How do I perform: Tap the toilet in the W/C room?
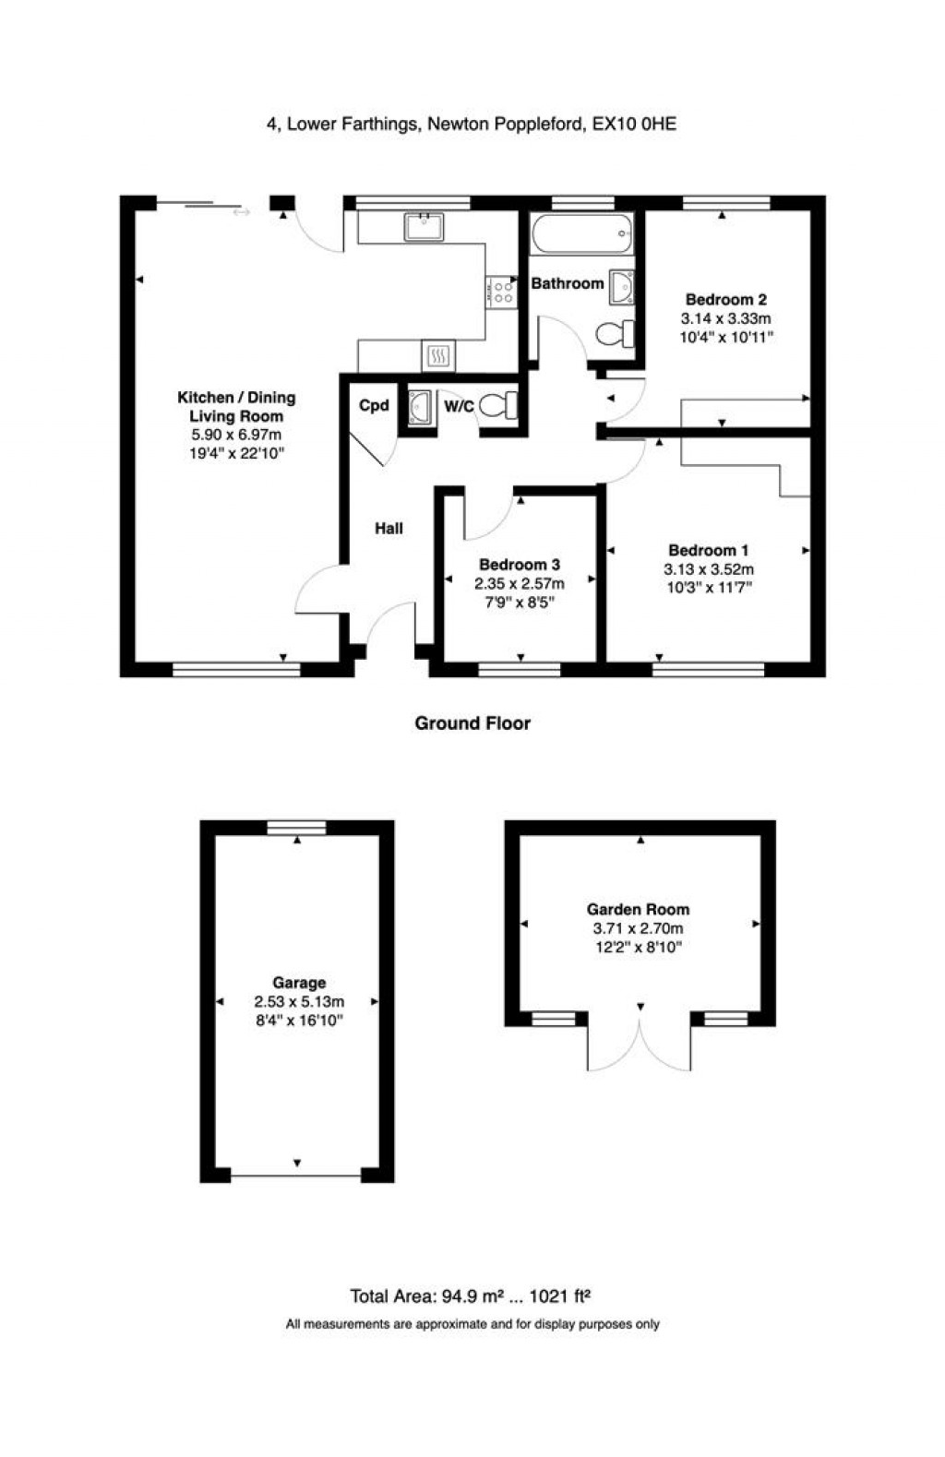[x=502, y=405]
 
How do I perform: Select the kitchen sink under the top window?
[x=425, y=226]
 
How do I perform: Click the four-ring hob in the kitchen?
[x=502, y=293]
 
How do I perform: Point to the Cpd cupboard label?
[x=374, y=405]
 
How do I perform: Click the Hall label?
[x=389, y=529]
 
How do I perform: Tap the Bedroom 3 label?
[x=520, y=564]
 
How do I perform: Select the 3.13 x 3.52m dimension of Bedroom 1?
[x=709, y=569]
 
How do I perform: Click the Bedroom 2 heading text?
[x=726, y=299]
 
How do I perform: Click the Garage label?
[x=299, y=983]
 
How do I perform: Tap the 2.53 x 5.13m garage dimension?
[x=299, y=1001]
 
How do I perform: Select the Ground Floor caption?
[x=472, y=723]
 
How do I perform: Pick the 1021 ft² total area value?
[x=560, y=1296]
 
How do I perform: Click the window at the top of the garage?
[x=296, y=828]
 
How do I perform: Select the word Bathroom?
[x=567, y=283]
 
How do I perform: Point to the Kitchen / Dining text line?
[x=236, y=398]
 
